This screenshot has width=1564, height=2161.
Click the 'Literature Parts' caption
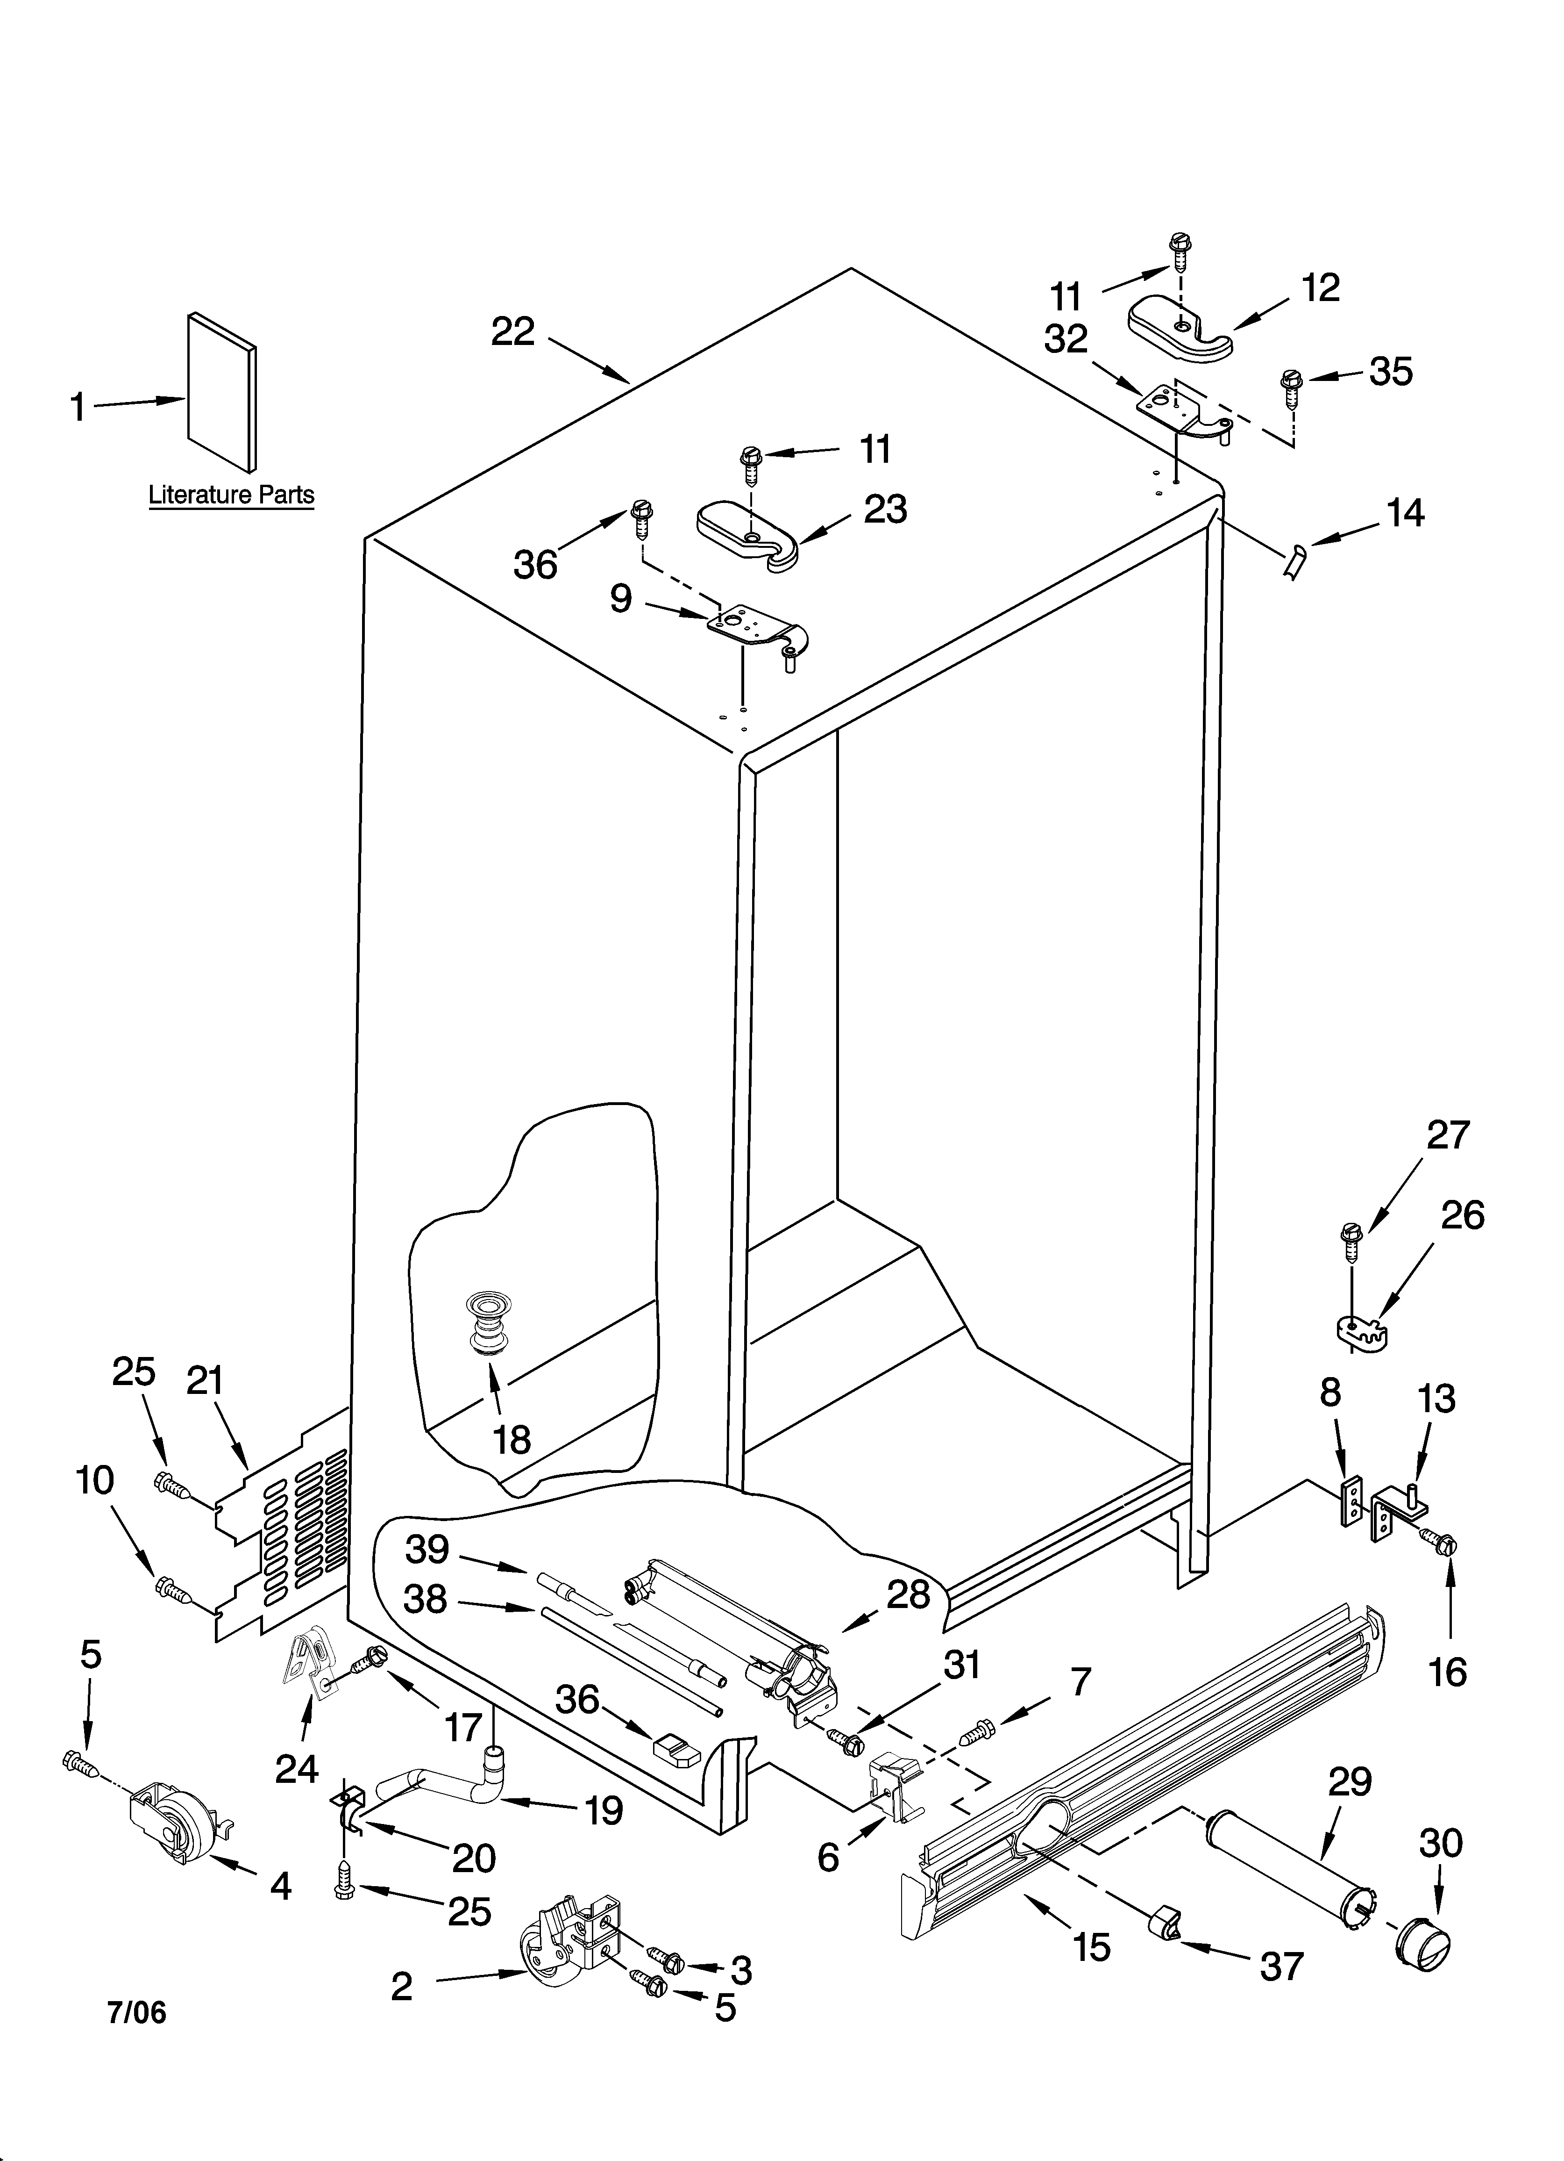[x=231, y=495]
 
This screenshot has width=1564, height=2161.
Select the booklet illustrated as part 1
[x=221, y=391]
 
